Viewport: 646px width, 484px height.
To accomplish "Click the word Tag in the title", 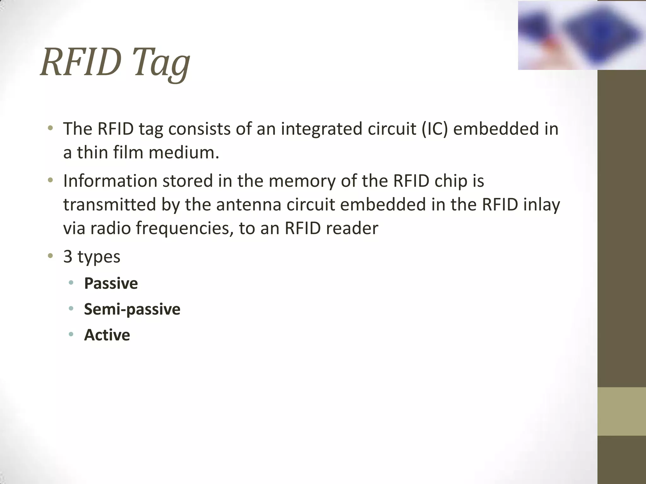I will tap(161, 63).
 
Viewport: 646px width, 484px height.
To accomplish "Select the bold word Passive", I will tap(111, 283).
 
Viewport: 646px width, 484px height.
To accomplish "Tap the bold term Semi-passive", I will tap(132, 309).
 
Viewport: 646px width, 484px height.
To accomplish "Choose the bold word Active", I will tap(107, 335).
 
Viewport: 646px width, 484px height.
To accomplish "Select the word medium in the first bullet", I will tap(184, 153).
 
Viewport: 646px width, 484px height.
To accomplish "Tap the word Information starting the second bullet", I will tap(110, 181).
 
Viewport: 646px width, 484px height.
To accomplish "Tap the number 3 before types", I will tap(68, 256).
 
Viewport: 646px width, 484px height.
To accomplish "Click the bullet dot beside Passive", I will tap(71, 283).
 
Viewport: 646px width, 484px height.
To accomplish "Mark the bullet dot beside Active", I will tap(71, 334).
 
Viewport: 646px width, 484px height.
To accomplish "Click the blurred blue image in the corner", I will tap(582, 35).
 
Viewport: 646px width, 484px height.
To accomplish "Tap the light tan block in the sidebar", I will tap(621, 411).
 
